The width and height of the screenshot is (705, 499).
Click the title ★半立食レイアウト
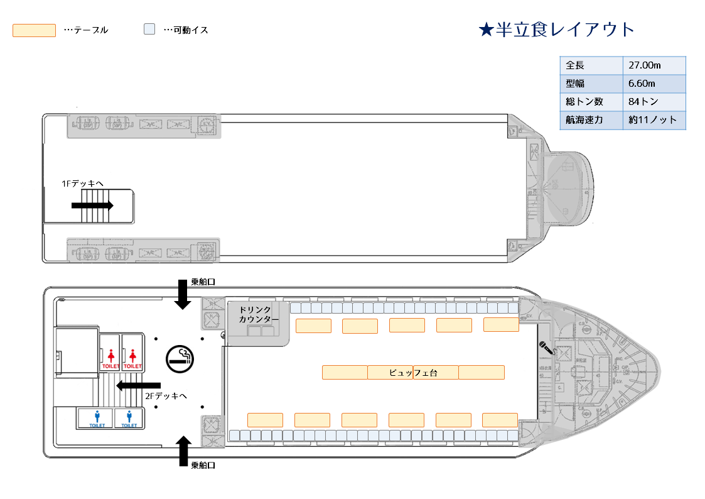(x=556, y=30)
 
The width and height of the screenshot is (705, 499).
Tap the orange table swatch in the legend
(x=34, y=30)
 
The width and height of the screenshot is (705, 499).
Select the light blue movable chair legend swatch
(x=149, y=30)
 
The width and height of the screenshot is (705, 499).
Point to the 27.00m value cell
(x=654, y=65)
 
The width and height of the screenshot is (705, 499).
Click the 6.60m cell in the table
(x=654, y=84)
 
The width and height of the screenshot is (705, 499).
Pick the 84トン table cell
(x=654, y=102)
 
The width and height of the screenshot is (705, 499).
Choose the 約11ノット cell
(x=654, y=120)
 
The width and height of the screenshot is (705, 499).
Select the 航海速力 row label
(x=591, y=120)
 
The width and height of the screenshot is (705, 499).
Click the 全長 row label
(x=591, y=65)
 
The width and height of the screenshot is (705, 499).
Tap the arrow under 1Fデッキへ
(x=92, y=205)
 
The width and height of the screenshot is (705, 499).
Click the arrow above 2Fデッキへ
(x=139, y=385)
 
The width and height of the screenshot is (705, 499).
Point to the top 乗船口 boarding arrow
(x=183, y=294)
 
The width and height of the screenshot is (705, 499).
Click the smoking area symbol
(x=180, y=359)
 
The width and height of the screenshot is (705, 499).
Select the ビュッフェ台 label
(x=412, y=373)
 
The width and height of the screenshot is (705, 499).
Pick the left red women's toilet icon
(x=111, y=358)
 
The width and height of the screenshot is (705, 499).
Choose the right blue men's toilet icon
(x=129, y=417)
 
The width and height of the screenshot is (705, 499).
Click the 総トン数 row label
(x=591, y=102)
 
